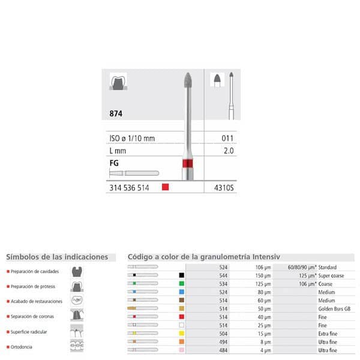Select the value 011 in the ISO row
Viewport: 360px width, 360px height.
228,139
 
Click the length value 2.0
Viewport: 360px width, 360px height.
228,151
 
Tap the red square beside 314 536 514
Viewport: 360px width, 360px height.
166,187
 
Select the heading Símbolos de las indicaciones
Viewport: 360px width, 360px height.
57,257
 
